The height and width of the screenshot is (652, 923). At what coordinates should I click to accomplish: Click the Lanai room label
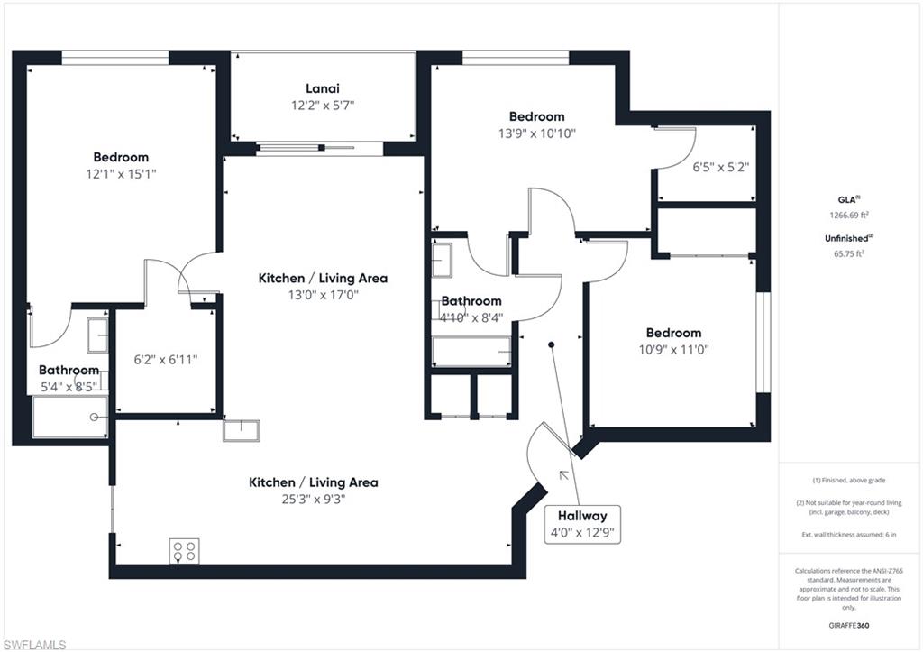click(323, 89)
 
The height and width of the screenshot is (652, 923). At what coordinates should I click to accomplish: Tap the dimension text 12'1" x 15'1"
click(122, 174)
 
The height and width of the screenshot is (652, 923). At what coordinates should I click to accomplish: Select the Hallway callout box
click(582, 524)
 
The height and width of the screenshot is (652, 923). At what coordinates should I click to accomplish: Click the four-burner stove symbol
click(184, 552)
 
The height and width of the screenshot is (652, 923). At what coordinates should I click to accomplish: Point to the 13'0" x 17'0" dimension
click(323, 295)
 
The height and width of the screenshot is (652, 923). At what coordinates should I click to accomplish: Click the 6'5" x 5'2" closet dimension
click(720, 167)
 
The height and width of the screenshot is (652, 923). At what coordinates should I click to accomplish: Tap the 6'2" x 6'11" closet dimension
click(166, 360)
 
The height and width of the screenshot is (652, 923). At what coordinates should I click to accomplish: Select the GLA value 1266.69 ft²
click(849, 215)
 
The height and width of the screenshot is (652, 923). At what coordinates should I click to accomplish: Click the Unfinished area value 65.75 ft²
click(849, 253)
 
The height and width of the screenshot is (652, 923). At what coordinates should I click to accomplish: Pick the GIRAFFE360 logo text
click(849, 626)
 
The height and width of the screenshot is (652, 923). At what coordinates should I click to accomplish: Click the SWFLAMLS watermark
click(34, 645)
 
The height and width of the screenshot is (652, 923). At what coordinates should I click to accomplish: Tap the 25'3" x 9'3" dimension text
click(313, 500)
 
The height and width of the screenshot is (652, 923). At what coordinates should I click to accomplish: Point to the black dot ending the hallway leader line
click(551, 344)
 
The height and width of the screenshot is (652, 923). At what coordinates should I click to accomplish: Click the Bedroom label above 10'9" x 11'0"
click(673, 333)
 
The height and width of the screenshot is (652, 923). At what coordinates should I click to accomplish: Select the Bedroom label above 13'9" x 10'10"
click(537, 116)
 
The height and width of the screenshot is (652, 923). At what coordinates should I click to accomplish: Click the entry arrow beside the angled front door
click(564, 474)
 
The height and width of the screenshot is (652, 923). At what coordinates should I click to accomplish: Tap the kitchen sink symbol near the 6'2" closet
click(241, 430)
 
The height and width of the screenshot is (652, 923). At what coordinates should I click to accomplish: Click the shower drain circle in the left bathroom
click(94, 417)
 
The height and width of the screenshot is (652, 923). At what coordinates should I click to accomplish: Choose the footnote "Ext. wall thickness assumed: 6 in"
click(849, 535)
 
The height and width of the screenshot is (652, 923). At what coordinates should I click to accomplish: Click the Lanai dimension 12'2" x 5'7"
click(323, 106)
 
